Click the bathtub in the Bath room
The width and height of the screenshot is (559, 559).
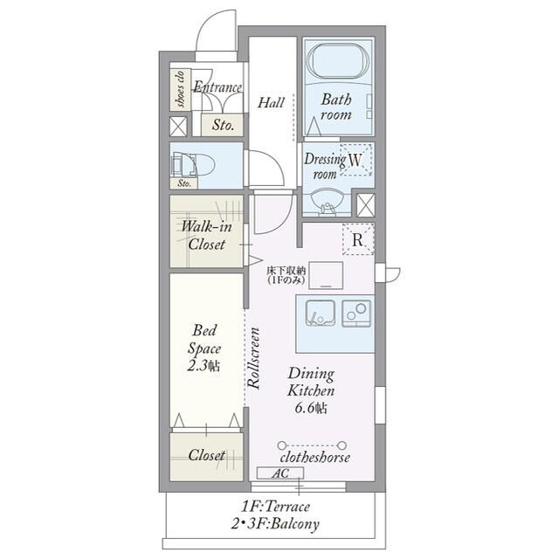[x=338, y=60]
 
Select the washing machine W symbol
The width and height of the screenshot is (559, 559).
[x=355, y=160]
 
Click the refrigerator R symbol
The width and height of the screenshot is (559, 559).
[x=358, y=239]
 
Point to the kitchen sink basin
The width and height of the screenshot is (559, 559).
[x=321, y=313]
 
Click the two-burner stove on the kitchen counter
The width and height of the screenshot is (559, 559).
[x=356, y=313]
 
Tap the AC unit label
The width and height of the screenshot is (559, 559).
[x=280, y=473]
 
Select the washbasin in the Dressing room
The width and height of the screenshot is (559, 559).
[x=328, y=203]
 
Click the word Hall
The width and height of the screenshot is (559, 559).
[x=271, y=103]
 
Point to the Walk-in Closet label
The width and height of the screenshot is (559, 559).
[x=207, y=236]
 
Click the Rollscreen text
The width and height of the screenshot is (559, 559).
[x=253, y=358]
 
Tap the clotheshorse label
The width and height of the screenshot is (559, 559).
[x=314, y=458]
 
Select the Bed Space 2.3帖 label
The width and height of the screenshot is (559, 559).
[x=204, y=348]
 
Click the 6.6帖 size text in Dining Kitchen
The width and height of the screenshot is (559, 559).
[x=311, y=408]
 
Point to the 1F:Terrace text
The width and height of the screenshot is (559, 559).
[x=276, y=507]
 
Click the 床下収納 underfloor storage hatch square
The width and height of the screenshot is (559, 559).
[x=326, y=275]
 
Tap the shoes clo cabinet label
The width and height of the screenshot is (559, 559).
[x=181, y=89]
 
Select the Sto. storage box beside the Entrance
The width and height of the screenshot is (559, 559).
[x=223, y=125]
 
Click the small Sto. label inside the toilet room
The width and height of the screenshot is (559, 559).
[x=184, y=183]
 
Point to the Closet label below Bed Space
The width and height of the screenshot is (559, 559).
[x=207, y=455]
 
